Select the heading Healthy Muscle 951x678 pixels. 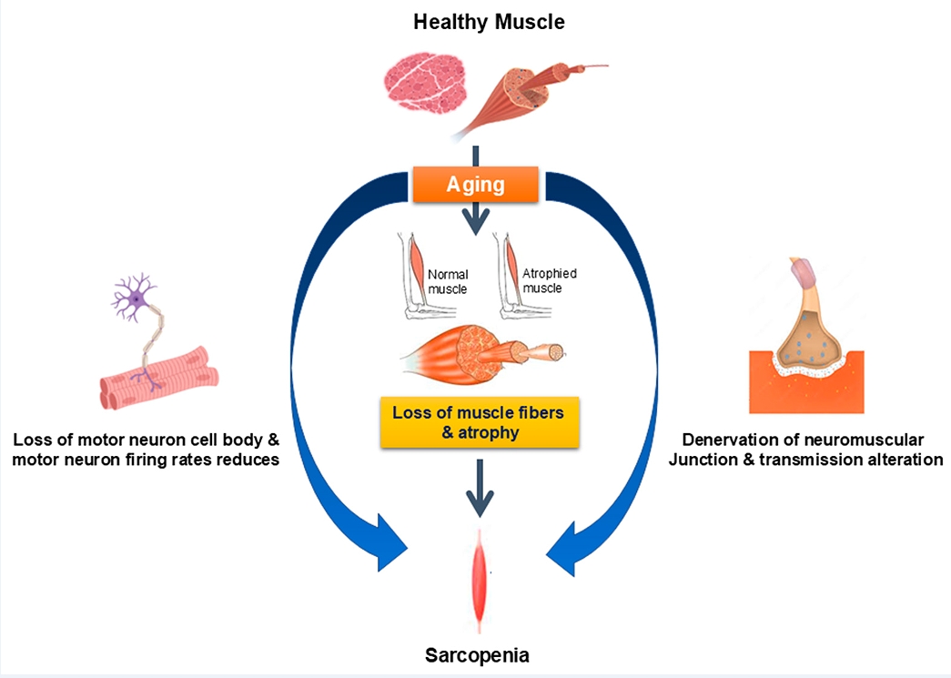coord(489,22)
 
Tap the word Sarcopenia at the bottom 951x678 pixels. coord(479,654)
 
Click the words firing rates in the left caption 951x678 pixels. coord(187,460)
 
